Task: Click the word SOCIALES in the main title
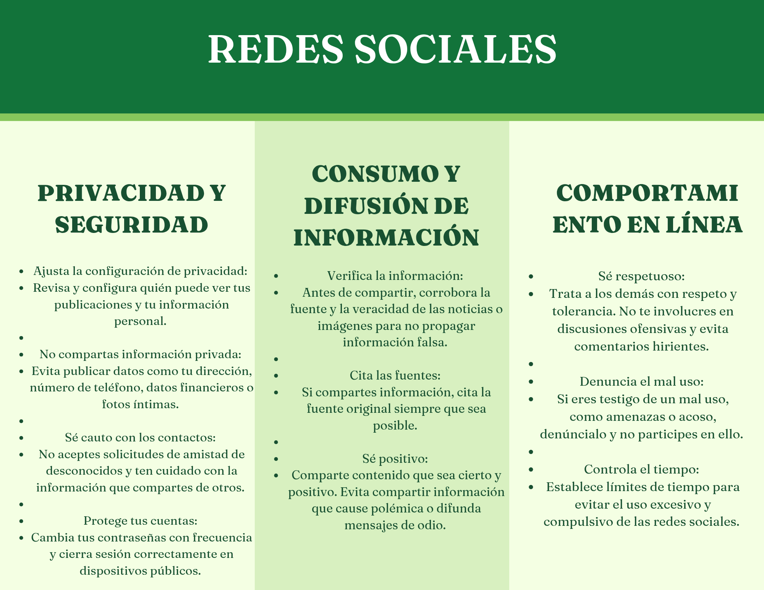point(455,49)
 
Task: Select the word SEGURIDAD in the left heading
point(132,225)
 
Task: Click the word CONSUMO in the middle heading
point(376,174)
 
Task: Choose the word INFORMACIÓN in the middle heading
point(386,238)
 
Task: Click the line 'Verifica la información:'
point(395,275)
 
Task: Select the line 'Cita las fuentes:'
point(395,375)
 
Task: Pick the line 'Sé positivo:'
point(395,458)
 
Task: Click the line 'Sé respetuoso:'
point(642,276)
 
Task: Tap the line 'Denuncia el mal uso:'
point(642,381)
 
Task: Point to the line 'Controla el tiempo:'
point(642,469)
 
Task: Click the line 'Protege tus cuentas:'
point(141,520)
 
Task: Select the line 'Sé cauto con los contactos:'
point(141,437)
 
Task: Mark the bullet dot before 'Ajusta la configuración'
point(22,272)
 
